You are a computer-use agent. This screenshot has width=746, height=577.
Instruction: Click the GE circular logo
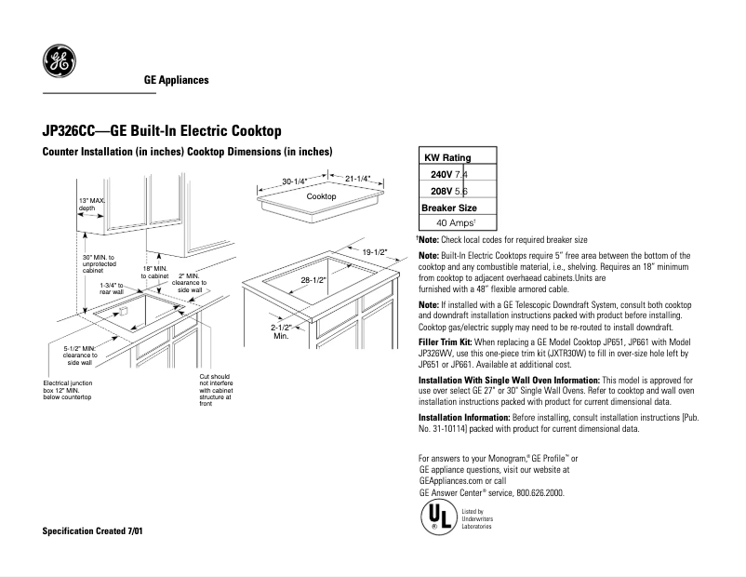tap(60, 61)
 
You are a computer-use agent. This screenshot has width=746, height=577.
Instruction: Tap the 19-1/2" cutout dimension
tap(375, 251)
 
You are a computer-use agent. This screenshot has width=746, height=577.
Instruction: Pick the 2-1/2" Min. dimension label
tap(282, 331)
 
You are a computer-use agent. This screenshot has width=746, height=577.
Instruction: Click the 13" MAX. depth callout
tap(92, 205)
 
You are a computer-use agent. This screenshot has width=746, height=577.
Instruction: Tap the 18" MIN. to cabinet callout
tap(154, 272)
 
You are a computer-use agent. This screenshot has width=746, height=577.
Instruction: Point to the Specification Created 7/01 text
tap(93, 530)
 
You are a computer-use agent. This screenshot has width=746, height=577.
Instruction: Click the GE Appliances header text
tap(176, 80)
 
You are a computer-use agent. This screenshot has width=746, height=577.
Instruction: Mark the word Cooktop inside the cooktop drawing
tap(321, 197)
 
